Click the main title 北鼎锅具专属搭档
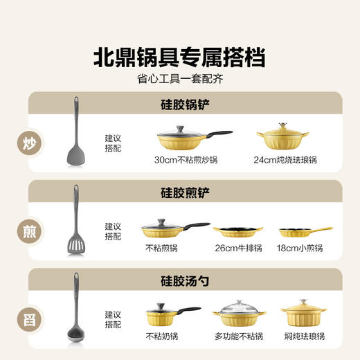[179, 57]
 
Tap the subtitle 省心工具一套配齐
[179, 78]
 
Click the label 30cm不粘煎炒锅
[186, 160]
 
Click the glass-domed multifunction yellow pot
[239, 314]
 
